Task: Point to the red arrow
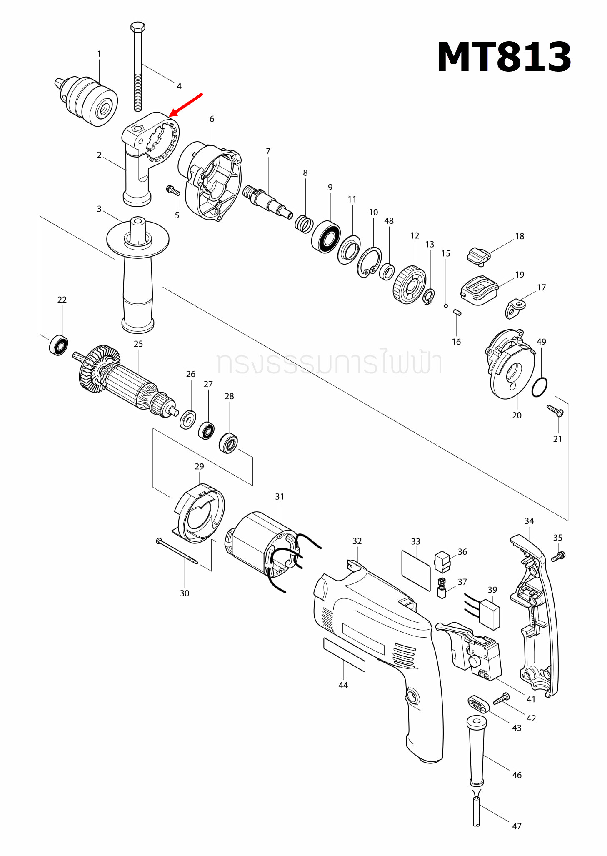coord(186,105)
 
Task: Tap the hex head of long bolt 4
coord(137,28)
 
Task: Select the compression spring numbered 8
coord(304,224)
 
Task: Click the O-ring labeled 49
coord(539,388)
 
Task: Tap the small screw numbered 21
coord(555,410)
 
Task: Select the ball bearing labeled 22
coord(59,345)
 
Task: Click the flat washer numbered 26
coord(188,419)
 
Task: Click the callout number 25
coord(138,344)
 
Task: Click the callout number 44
coord(343,685)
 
